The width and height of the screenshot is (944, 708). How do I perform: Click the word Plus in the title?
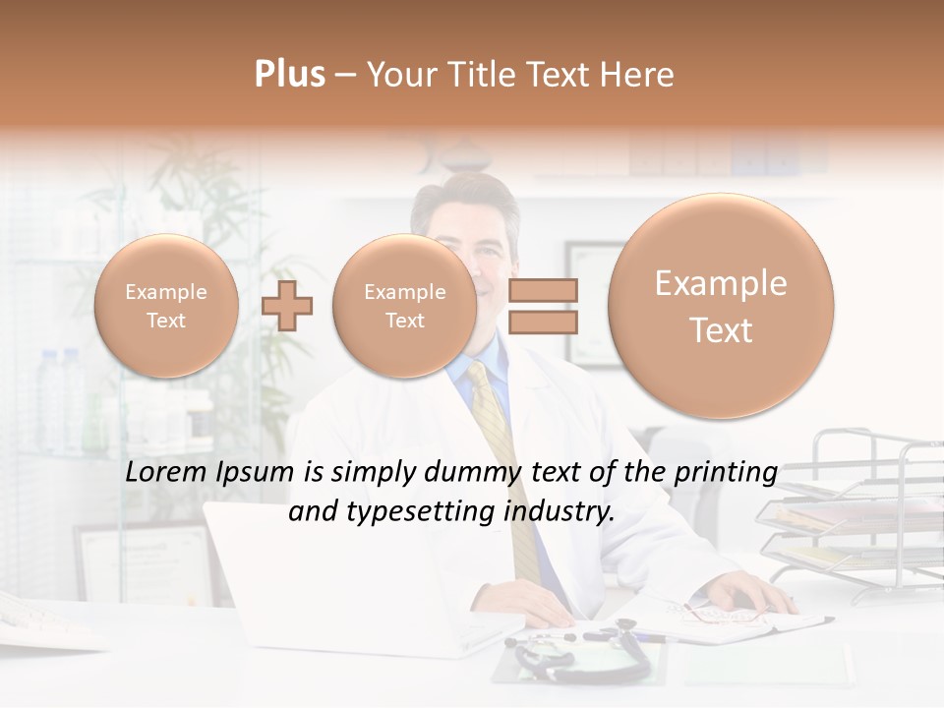[x=289, y=75]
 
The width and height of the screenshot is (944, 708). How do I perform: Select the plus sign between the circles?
[x=287, y=306]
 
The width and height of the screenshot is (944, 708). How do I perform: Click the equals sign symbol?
[x=543, y=306]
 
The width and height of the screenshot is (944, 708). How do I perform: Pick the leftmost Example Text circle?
[x=166, y=306]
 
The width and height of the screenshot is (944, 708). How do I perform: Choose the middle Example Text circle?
[x=404, y=306]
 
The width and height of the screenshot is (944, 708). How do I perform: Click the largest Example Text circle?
[x=721, y=306]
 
